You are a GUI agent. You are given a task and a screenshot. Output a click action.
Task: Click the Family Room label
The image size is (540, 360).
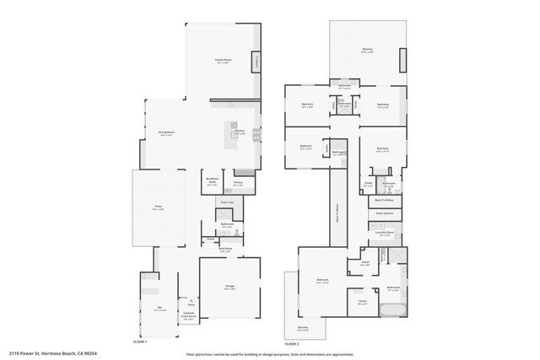pos(223,60)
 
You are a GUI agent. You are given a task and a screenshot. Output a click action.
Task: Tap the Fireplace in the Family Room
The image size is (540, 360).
pos(256,63)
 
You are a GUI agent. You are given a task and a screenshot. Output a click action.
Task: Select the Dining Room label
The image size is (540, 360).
pos(166,133)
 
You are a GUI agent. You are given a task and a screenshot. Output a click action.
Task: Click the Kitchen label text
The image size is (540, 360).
pos(240,132)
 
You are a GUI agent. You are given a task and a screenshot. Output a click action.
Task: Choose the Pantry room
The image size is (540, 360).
pos(238,183)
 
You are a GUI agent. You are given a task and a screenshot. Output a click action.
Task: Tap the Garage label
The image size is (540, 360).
pos(229,287)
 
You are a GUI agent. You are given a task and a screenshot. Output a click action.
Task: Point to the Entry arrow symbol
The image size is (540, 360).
pos(192,302)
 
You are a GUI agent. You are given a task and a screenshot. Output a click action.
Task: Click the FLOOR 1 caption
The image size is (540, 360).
pos(140,342)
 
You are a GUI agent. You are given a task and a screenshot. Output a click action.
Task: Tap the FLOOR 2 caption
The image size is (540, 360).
pos(292,344)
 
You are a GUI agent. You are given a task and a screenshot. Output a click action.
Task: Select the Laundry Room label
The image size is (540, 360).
pos(384,233)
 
